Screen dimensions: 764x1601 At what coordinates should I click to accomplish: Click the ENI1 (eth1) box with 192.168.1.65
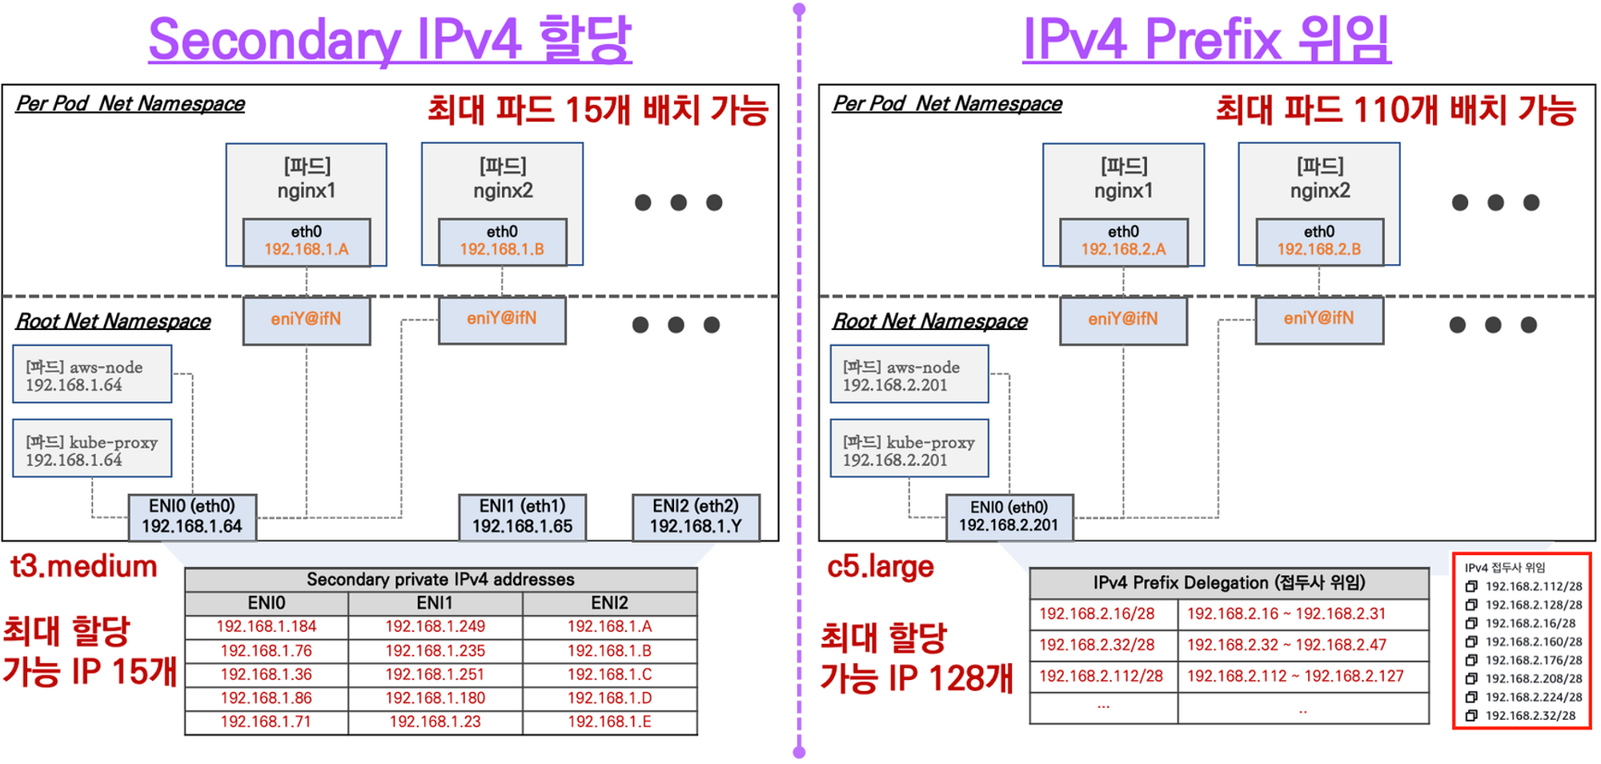pyautogui.click(x=522, y=517)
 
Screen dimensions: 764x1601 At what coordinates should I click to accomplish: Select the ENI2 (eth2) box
pyautogui.click(x=696, y=517)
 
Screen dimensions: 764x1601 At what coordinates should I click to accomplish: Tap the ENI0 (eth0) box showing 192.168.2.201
pyautogui.click(x=1009, y=517)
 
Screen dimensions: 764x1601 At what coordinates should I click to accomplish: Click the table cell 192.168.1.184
pyautogui.click(x=266, y=626)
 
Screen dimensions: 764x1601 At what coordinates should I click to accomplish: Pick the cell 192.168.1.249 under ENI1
pyautogui.click(x=435, y=626)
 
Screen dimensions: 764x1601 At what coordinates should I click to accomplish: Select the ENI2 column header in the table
pyautogui.click(x=609, y=603)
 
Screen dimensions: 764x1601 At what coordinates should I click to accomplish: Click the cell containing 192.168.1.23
pyautogui.click(x=435, y=722)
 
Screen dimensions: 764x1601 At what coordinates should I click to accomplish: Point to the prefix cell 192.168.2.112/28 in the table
pyautogui.click(x=1101, y=676)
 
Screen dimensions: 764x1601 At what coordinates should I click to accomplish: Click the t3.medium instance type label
pyautogui.click(x=84, y=567)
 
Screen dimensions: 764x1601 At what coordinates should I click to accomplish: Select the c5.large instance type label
pyautogui.click(x=880, y=567)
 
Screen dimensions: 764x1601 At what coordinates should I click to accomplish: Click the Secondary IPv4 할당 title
pyautogui.click(x=390, y=40)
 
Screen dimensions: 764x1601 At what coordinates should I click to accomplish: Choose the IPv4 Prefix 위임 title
pyautogui.click(x=1206, y=40)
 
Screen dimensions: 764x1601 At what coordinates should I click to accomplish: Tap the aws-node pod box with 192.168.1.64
pyautogui.click(x=92, y=375)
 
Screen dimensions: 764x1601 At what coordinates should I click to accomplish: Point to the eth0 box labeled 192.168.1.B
pyautogui.click(x=502, y=241)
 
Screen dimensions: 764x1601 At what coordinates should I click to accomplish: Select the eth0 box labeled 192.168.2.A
pyautogui.click(x=1123, y=241)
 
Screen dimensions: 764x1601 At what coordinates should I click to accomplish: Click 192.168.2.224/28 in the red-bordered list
pyautogui.click(x=1533, y=697)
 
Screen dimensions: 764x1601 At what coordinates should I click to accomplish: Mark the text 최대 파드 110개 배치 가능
pyautogui.click(x=1395, y=110)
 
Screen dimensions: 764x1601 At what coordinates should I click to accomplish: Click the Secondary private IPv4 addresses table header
pyautogui.click(x=440, y=580)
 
